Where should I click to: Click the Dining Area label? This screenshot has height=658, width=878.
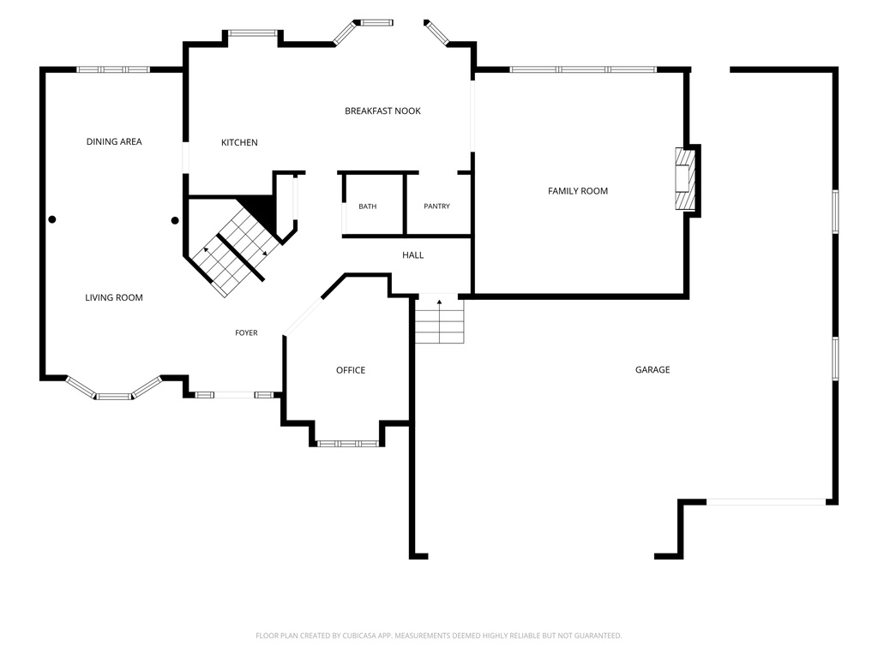[114, 141]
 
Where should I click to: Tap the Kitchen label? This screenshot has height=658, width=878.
[240, 143]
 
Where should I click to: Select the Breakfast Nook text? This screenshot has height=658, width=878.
[383, 111]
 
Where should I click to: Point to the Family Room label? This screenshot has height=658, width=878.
[578, 191]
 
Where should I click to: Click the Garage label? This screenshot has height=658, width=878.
[652, 369]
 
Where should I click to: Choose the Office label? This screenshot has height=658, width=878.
[351, 370]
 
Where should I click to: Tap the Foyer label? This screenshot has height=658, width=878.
[246, 333]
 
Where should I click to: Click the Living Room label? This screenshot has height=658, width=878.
[114, 297]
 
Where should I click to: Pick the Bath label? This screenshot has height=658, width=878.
[367, 206]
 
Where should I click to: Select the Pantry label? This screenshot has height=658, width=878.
[436, 206]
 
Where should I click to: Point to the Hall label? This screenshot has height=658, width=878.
[412, 255]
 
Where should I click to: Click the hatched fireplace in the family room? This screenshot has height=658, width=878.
[685, 178]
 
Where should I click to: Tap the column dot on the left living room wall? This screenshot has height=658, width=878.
[52, 220]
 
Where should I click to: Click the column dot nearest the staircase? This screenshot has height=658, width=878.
[175, 220]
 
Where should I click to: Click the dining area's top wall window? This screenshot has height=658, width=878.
[113, 69]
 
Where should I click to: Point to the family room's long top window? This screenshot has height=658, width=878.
[583, 69]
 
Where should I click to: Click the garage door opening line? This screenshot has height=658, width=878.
[766, 502]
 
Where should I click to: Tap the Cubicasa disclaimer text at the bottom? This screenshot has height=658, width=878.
[439, 636]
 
